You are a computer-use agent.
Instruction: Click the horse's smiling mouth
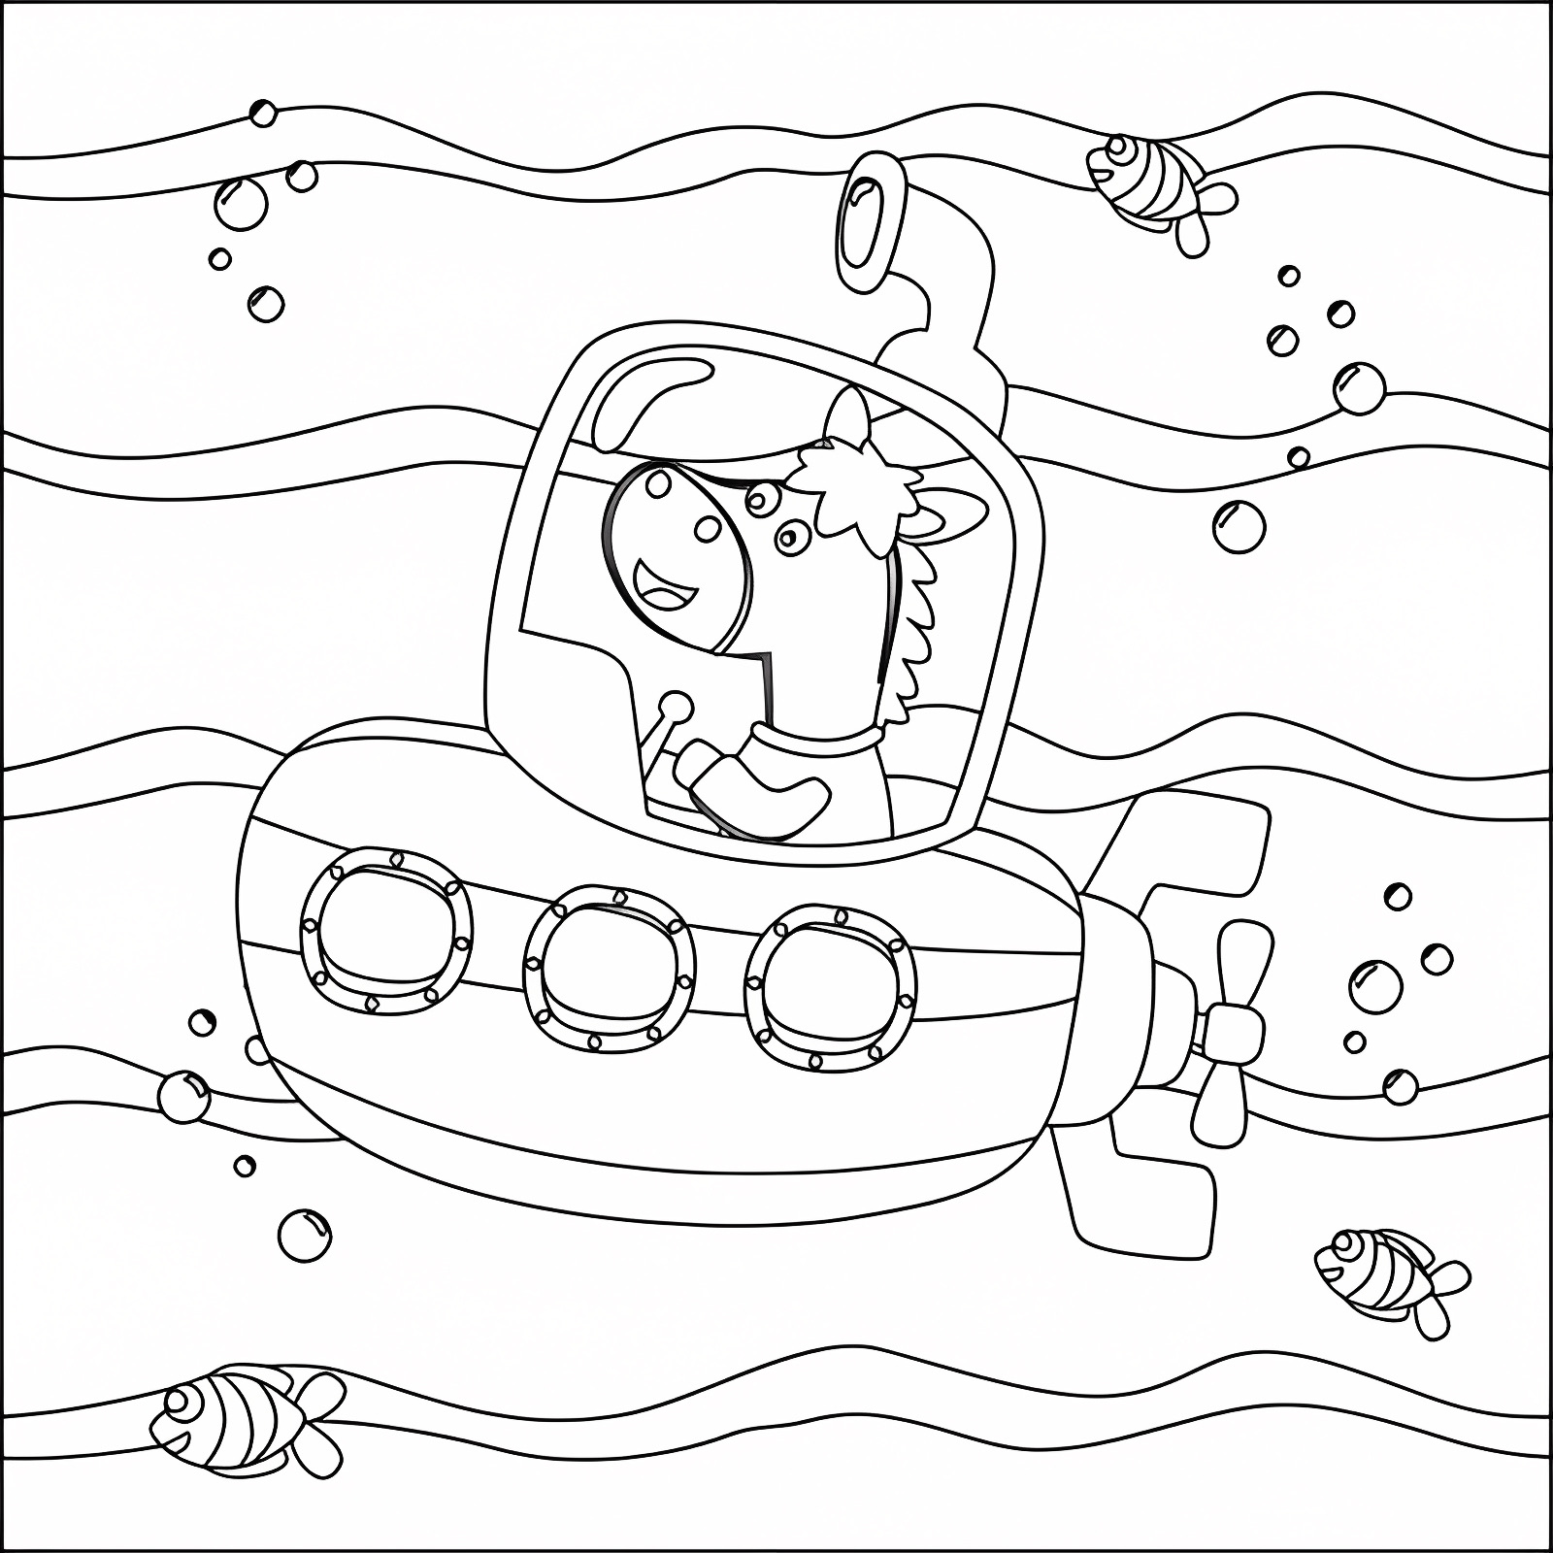tap(665, 587)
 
